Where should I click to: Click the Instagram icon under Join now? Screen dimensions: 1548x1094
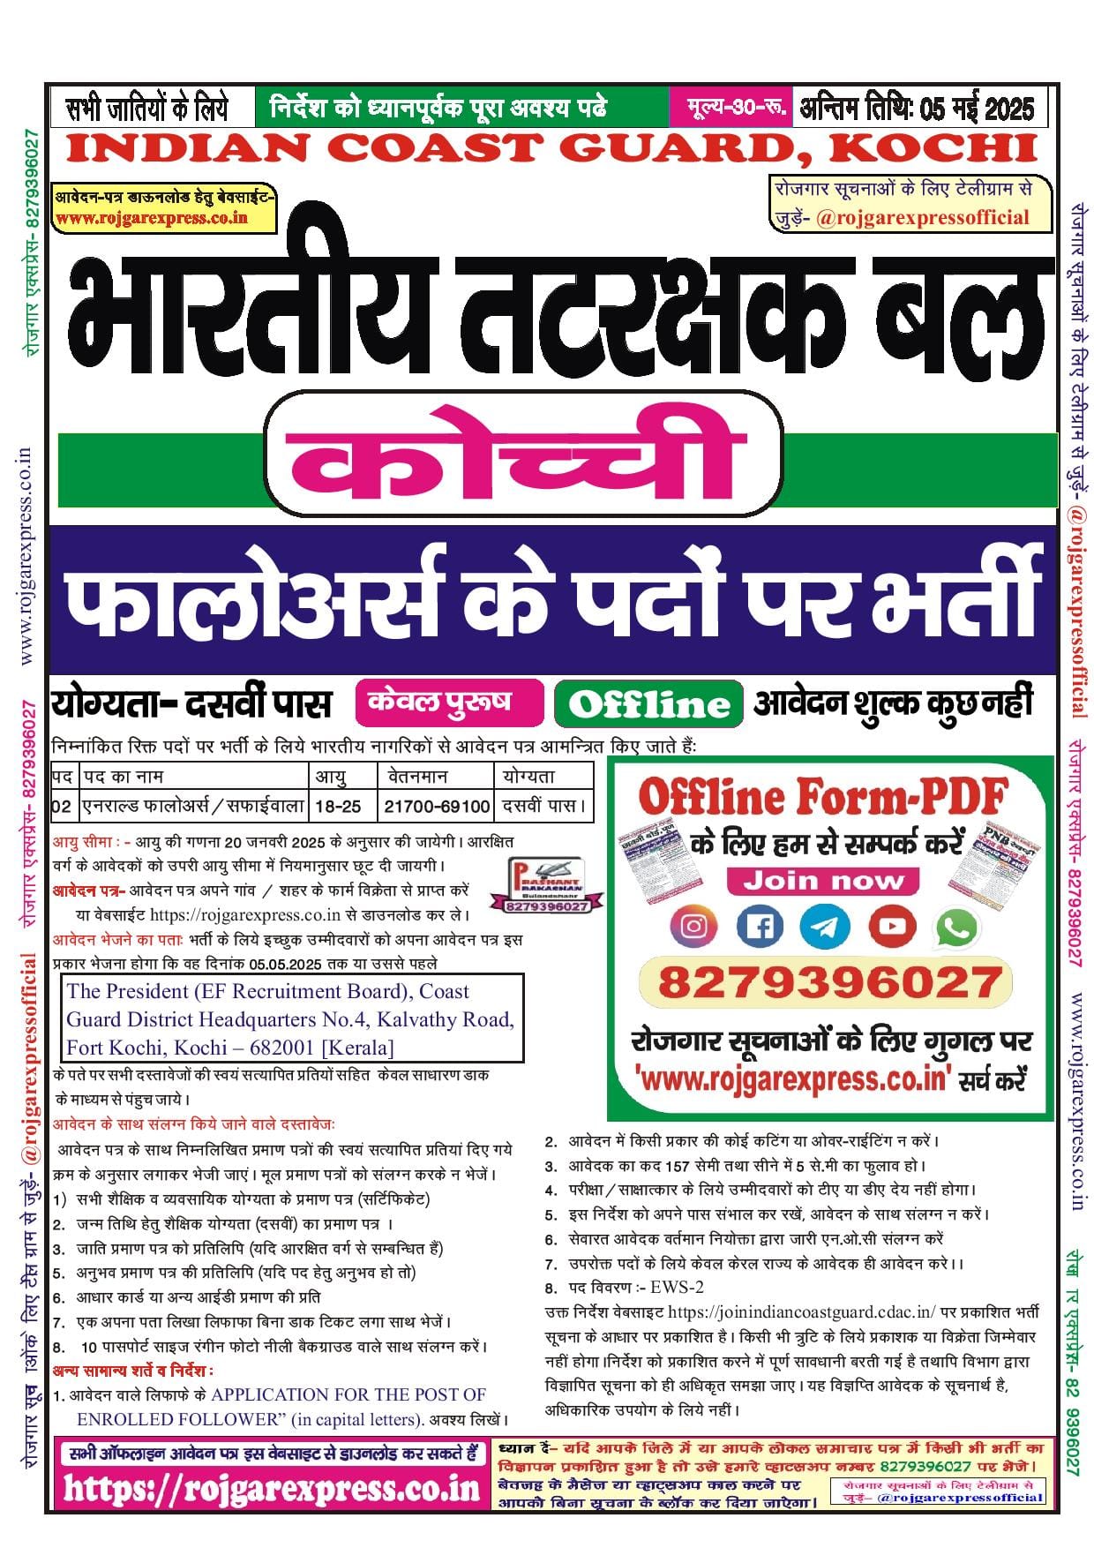pyautogui.click(x=694, y=926)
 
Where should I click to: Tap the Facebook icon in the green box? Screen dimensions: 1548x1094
pyautogui.click(x=760, y=926)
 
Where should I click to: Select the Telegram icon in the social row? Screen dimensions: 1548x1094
pyautogui.click(x=825, y=926)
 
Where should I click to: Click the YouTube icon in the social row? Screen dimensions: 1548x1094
pyautogui.click(x=891, y=926)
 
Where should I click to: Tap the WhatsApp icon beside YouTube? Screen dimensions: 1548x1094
pyautogui.click(x=957, y=926)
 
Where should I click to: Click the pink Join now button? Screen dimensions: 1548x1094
pyautogui.click(x=823, y=880)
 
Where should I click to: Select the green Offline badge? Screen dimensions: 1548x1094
pyautogui.click(x=648, y=703)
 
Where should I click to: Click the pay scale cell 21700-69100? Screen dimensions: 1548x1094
pyautogui.click(x=436, y=806)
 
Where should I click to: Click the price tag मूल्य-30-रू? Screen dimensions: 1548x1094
pyautogui.click(x=729, y=108)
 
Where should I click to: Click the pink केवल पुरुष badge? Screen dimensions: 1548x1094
pyautogui.click(x=450, y=702)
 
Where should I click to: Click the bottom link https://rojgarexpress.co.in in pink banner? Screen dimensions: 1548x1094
pyautogui.click(x=271, y=1489)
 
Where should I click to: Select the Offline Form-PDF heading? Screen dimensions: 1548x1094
pyautogui.click(x=821, y=796)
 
